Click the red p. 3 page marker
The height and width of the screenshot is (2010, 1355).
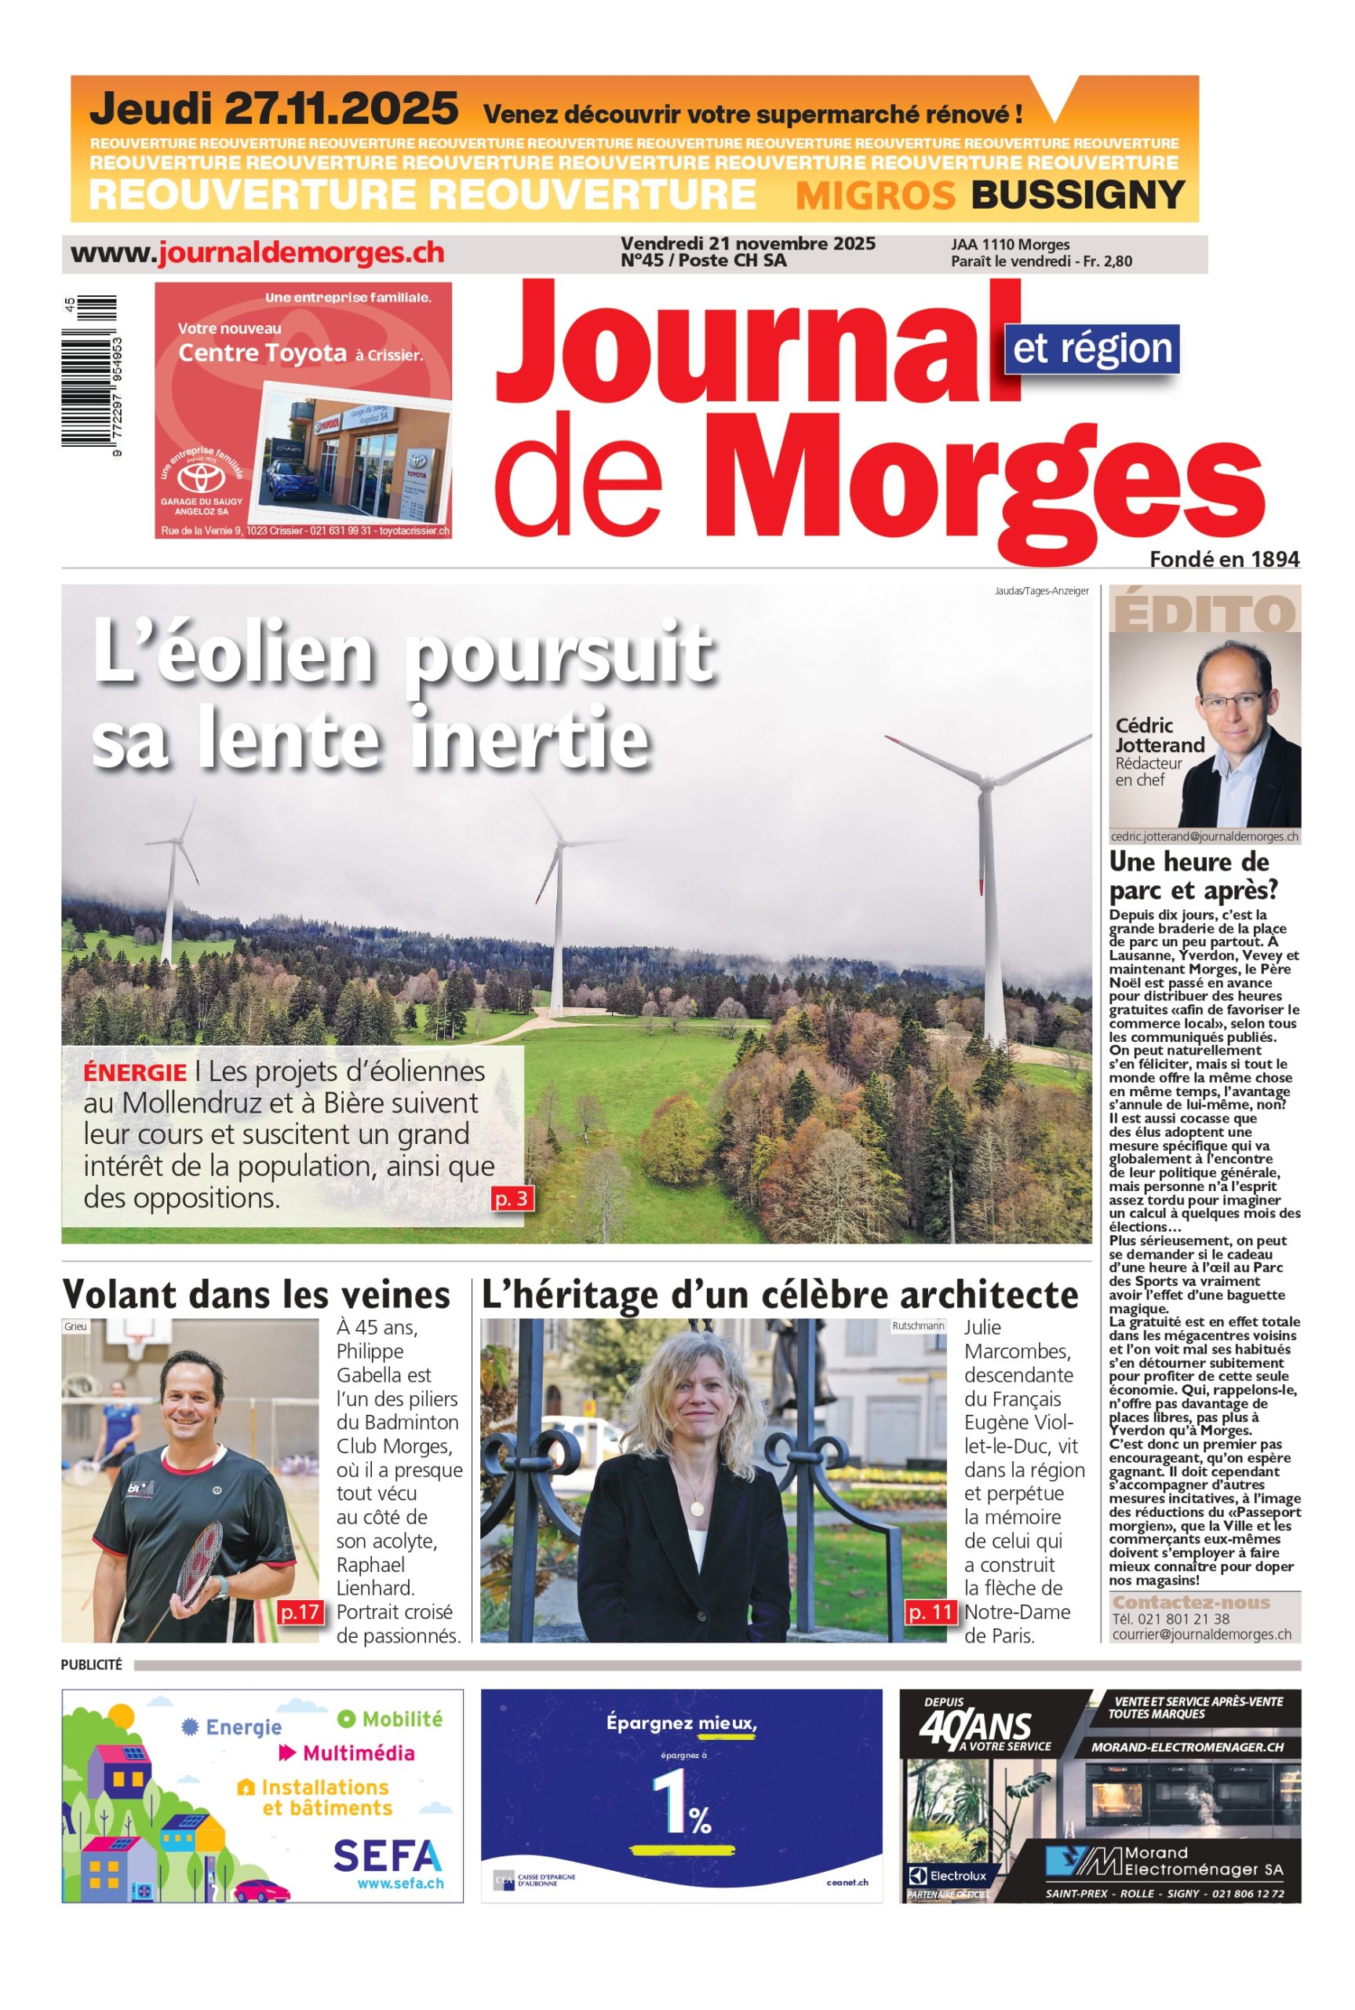511,1199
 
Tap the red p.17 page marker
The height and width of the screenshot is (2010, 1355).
300,1611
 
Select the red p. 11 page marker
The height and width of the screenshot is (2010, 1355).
930,1611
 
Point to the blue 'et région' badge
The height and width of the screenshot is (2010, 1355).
1091,349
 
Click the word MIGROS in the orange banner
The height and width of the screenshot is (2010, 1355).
875,196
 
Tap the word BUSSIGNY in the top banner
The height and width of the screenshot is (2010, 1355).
1077,196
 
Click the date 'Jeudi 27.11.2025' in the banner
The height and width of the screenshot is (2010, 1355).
274,110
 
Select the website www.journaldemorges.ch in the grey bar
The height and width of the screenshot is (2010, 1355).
257,254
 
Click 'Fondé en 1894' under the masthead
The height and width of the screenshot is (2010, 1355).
1224,559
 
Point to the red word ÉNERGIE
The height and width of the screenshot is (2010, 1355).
135,1073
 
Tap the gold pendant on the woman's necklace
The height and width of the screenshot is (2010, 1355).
697,1508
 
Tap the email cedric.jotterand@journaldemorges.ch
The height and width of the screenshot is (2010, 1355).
1204,837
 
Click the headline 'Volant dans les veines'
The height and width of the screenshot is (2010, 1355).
257,1295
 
